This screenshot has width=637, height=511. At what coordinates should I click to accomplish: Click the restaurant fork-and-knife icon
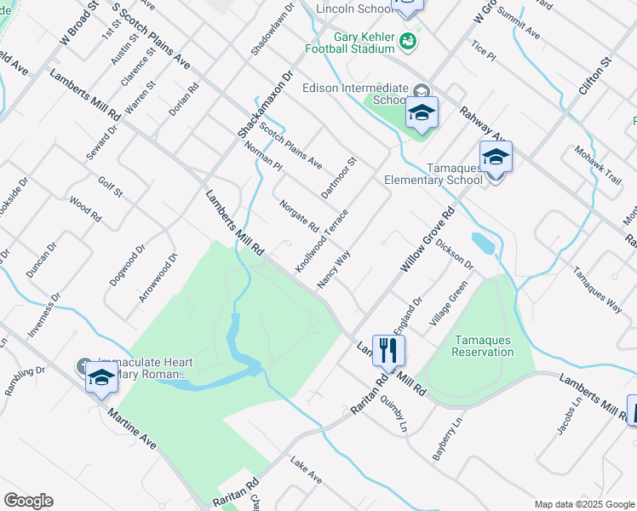(x=388, y=350)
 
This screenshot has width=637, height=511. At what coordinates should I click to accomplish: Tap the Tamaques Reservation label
(x=482, y=346)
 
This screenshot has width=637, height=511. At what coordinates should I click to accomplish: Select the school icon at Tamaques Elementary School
(x=496, y=158)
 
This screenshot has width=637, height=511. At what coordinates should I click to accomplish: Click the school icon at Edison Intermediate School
(x=422, y=113)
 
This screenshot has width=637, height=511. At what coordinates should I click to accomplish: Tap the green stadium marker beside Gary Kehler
(x=409, y=39)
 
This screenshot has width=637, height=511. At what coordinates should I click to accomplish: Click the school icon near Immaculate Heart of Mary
(x=101, y=377)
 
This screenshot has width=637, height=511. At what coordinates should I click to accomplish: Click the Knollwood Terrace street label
(x=322, y=241)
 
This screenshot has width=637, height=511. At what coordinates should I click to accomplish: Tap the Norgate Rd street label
(x=299, y=216)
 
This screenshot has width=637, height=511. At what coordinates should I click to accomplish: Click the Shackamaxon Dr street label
(x=265, y=105)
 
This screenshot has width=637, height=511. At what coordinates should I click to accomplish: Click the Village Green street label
(x=449, y=304)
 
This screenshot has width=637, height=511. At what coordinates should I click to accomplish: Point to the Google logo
(x=28, y=501)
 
